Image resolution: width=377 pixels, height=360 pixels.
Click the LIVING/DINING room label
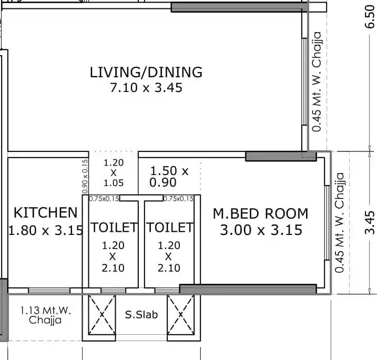click(x=146, y=72)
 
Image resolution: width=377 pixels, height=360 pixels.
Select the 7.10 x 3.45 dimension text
click(x=146, y=88)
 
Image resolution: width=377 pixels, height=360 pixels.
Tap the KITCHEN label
click(x=45, y=213)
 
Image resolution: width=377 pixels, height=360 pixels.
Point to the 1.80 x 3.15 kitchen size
click(x=45, y=230)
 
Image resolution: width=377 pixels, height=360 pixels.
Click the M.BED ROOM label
click(x=260, y=214)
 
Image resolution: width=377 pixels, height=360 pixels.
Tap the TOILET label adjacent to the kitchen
click(x=114, y=228)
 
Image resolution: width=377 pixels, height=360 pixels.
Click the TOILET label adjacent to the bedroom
click(x=170, y=228)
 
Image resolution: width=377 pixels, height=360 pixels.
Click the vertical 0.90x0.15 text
click(x=85, y=176)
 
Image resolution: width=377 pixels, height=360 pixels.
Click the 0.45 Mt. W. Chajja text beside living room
click(x=316, y=81)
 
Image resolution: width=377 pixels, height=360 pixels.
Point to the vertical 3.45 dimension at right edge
click(x=370, y=222)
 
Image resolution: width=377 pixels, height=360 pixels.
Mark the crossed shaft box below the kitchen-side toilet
click(x=101, y=314)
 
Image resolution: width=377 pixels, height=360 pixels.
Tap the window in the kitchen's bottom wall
click(x=49, y=291)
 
